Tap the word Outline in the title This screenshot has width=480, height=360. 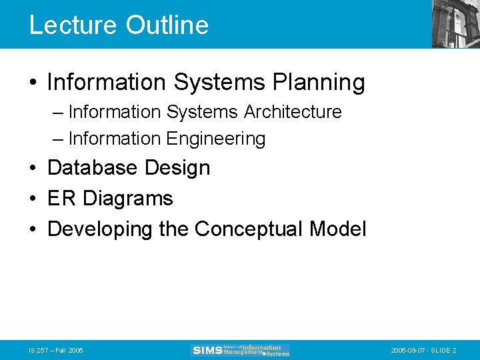167,25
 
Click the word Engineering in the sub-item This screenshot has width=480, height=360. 215,139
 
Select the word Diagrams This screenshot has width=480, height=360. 127,199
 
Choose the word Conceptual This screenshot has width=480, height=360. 249,229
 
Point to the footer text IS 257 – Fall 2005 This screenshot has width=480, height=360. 56,350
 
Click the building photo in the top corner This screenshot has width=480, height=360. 455,24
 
